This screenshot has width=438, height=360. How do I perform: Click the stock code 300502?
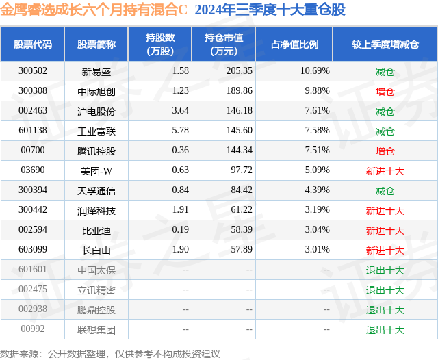(x=33, y=71)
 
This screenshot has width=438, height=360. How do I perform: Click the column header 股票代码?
(x=33, y=44)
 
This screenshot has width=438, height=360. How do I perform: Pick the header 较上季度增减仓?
(x=385, y=44)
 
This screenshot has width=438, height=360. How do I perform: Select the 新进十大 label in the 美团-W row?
(x=385, y=170)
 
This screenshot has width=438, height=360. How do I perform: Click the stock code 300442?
(x=33, y=211)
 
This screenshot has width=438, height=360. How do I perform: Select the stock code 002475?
(x=33, y=290)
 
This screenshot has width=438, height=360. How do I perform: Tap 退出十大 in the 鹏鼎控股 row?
(x=385, y=310)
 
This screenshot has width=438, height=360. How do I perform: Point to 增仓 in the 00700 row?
(x=385, y=151)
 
